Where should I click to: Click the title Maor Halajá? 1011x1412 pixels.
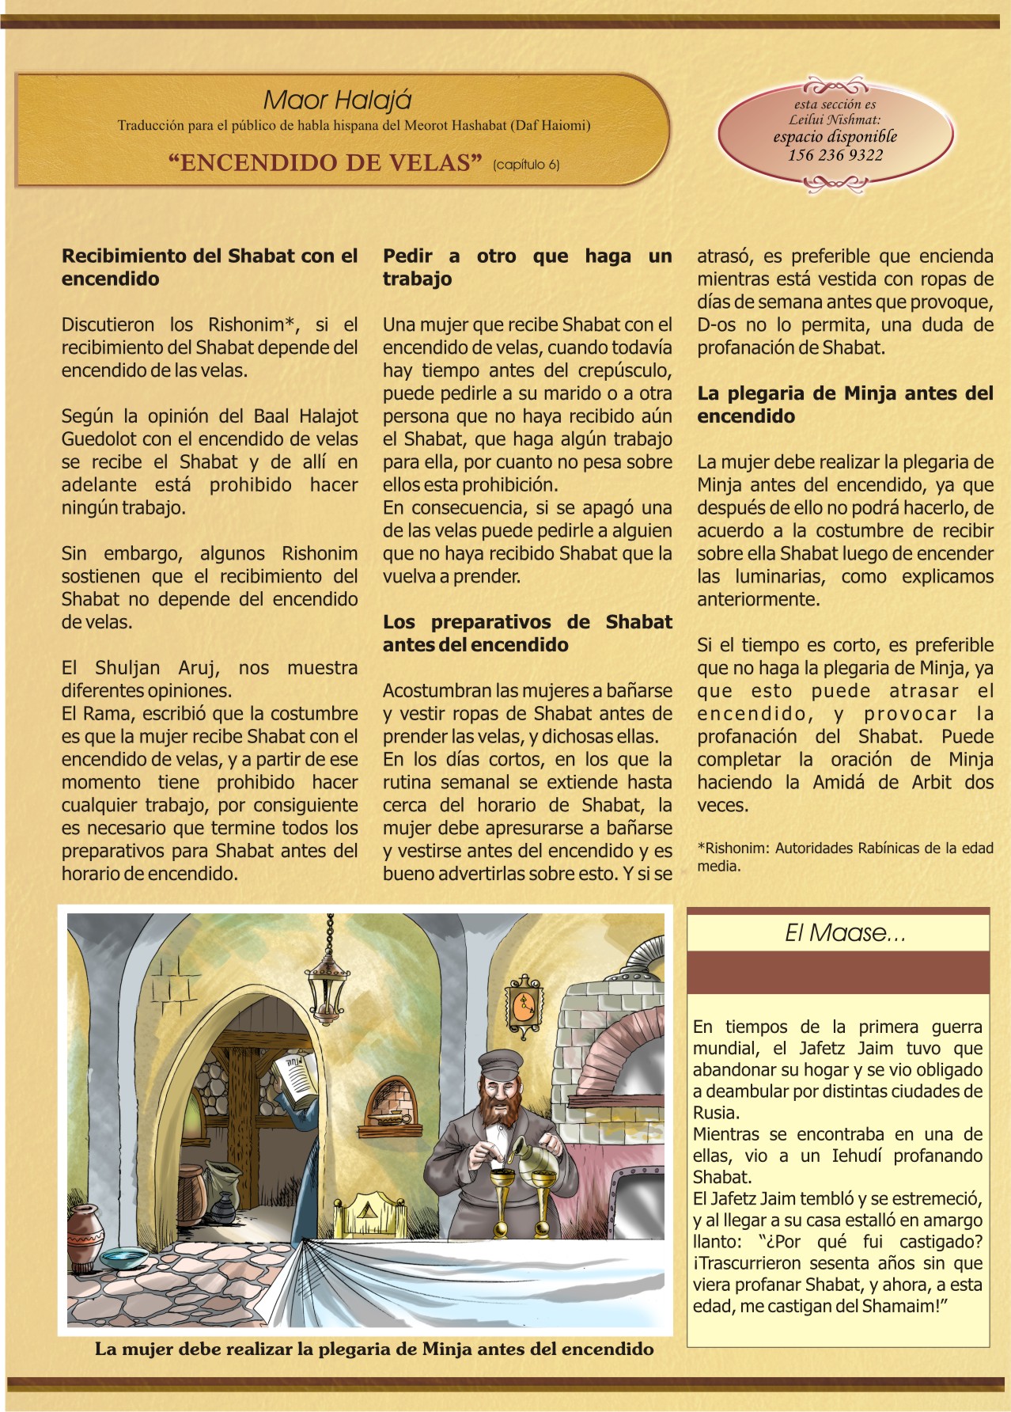(337, 101)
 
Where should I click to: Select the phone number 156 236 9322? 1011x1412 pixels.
(835, 155)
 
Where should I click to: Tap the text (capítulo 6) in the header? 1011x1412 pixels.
(525, 165)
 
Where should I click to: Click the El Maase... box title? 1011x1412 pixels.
(844, 933)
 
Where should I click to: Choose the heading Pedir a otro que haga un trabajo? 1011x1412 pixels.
(527, 267)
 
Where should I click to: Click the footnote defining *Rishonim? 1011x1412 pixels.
(844, 856)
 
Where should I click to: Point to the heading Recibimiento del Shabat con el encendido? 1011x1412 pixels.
(210, 267)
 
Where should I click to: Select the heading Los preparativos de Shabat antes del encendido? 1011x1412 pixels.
(527, 633)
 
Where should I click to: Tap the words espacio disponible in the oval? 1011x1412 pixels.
(835, 136)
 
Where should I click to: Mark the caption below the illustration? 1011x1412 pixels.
(374, 1349)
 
